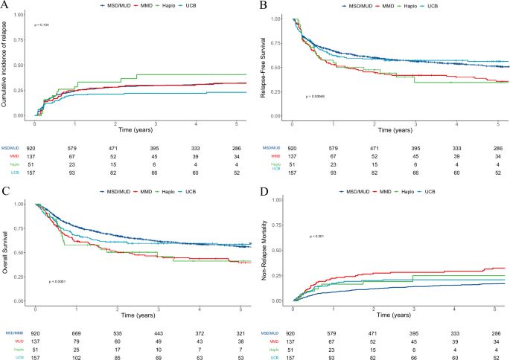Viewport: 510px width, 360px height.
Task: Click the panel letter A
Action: tap(7, 7)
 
